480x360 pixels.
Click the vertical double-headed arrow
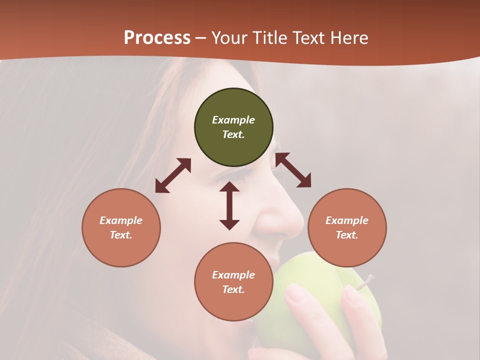[x=229, y=205]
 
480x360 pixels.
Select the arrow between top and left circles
[x=173, y=175]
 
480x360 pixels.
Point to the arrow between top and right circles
[x=293, y=170]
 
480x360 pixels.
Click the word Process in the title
[x=157, y=37]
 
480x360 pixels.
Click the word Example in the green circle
[x=233, y=120]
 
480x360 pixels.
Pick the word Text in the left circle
[x=121, y=235]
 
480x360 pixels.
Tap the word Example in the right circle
[x=347, y=220]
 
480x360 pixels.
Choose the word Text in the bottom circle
[x=233, y=289]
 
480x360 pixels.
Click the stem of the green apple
[x=367, y=280]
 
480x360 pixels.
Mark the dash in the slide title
[x=201, y=37]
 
